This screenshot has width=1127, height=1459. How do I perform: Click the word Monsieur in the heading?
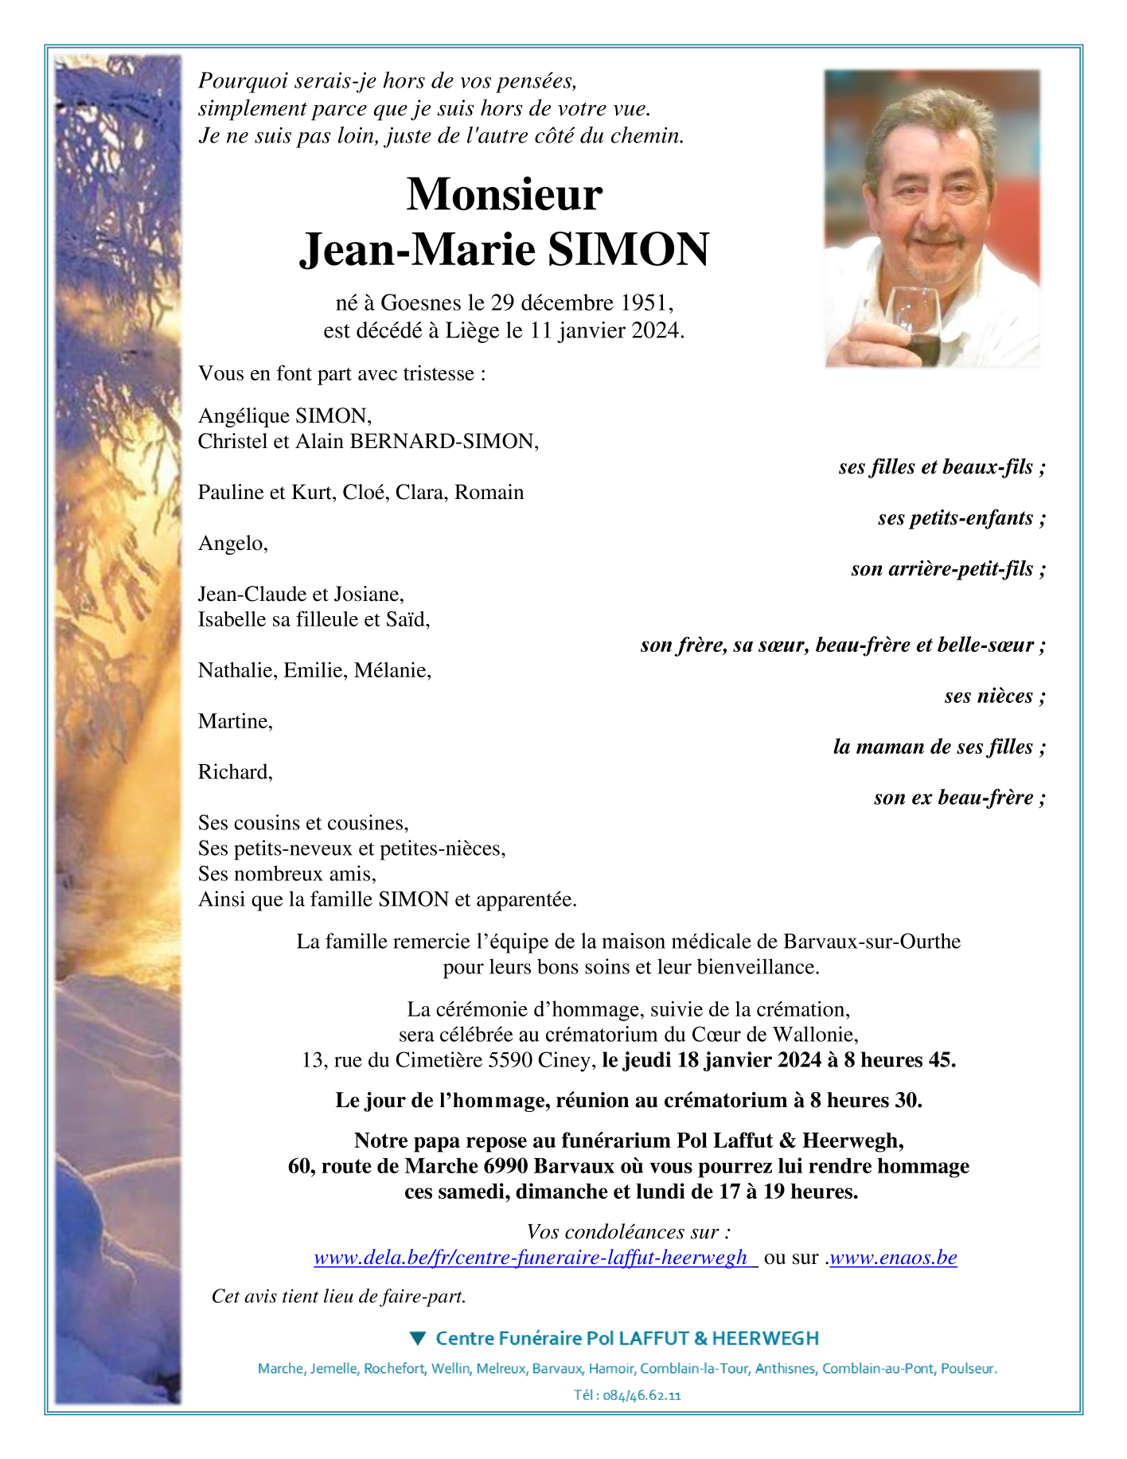(x=504, y=194)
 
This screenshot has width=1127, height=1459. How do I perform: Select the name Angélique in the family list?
(x=244, y=416)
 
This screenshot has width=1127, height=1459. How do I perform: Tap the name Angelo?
(x=232, y=544)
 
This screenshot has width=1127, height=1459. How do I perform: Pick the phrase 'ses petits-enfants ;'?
(x=961, y=518)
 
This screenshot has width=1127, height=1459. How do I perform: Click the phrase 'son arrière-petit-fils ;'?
(x=947, y=569)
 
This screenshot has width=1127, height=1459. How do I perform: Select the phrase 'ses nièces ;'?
(x=994, y=696)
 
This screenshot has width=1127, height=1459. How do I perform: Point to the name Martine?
(x=235, y=722)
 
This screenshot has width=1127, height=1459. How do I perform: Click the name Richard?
(x=235, y=772)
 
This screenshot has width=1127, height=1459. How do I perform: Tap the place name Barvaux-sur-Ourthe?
(x=872, y=942)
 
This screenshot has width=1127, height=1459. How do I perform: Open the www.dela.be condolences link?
(x=531, y=1258)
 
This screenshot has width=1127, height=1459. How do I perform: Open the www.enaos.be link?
(x=893, y=1258)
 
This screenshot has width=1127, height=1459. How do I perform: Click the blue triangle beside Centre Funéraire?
(x=418, y=1338)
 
